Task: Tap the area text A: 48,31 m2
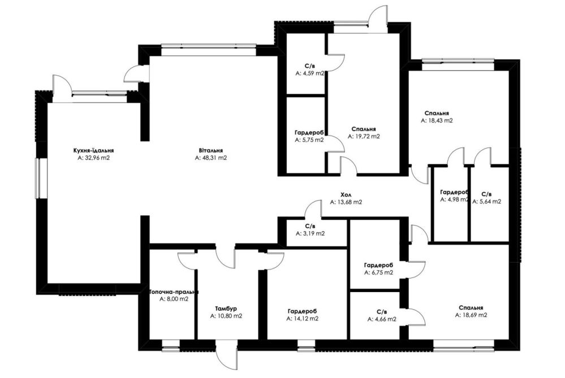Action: (211, 158)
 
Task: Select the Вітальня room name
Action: (211, 150)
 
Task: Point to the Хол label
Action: (346, 195)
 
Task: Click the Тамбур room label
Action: (226, 309)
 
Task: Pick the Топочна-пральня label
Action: (174, 292)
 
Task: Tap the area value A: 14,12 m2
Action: (303, 318)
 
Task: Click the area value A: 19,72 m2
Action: (364, 136)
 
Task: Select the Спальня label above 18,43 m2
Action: (437, 114)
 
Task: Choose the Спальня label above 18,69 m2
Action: (471, 308)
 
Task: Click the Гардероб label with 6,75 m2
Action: (378, 266)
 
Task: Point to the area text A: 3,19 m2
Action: (310, 233)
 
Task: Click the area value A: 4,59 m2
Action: (310, 73)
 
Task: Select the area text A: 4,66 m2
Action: (382, 319)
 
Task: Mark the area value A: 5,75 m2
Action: (309, 140)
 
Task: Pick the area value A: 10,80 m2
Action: (226, 316)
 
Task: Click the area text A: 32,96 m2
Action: (93, 158)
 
